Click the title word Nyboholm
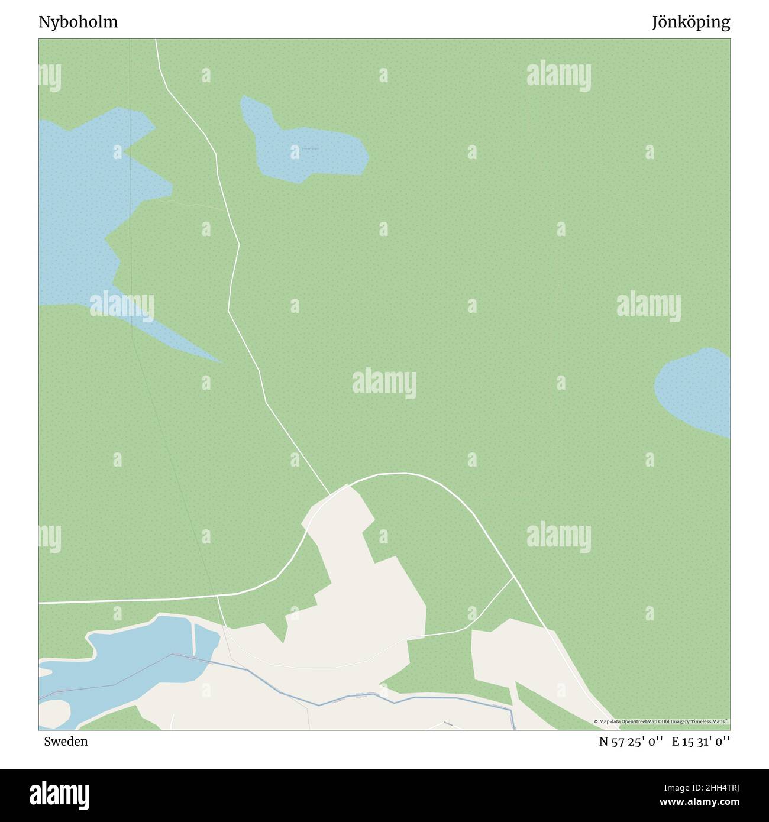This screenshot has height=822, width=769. click(78, 22)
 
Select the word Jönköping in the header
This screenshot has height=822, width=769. click(691, 22)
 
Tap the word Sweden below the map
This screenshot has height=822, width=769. click(66, 741)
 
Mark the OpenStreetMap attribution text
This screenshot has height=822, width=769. click(662, 721)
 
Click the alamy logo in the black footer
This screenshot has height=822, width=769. click(60, 794)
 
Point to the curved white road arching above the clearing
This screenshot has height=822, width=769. click(414, 474)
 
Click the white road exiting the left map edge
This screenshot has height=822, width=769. click(118, 601)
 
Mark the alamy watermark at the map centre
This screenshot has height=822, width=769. click(384, 383)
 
